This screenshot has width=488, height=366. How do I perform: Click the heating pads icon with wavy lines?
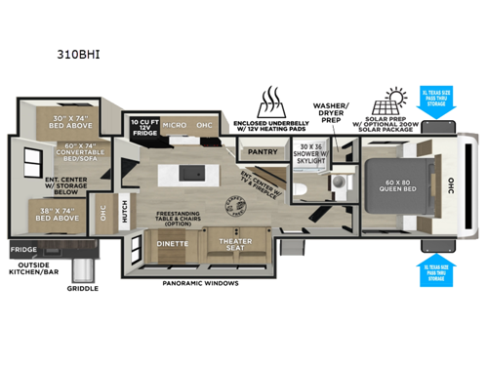(269, 101)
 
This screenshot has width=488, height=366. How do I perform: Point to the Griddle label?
(80, 289)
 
